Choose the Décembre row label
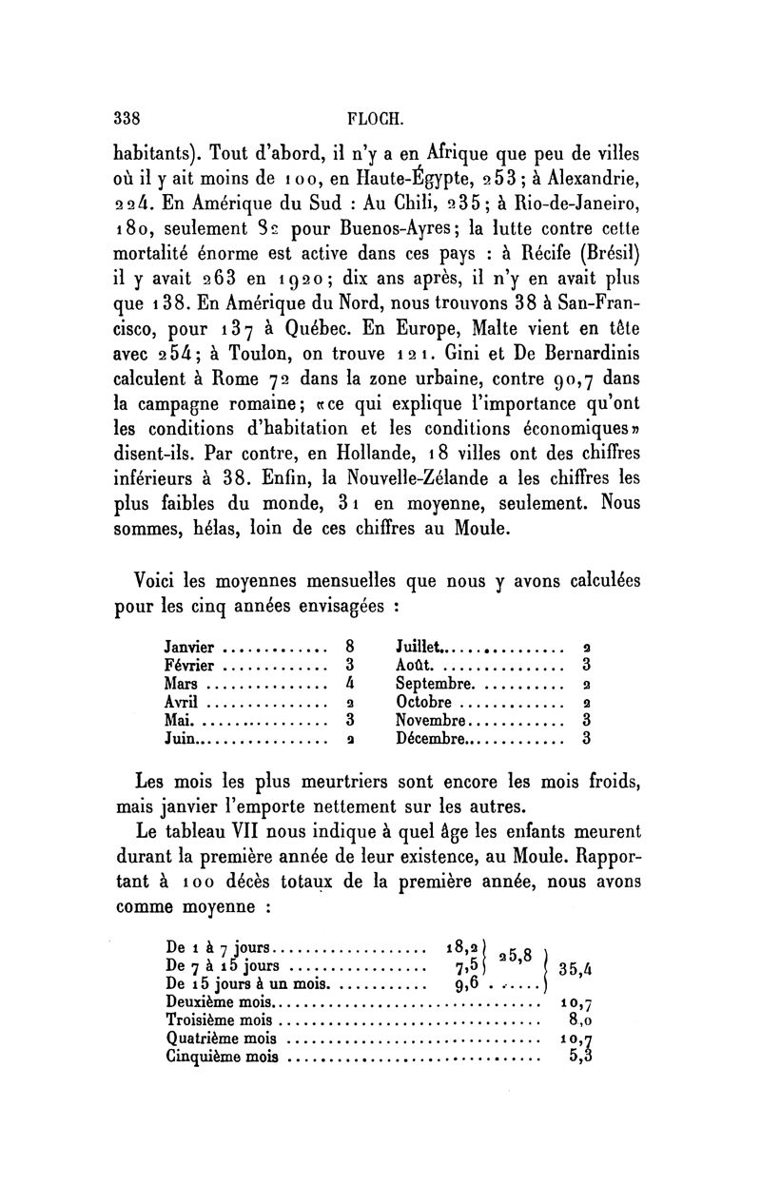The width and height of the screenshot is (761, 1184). coord(431,737)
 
